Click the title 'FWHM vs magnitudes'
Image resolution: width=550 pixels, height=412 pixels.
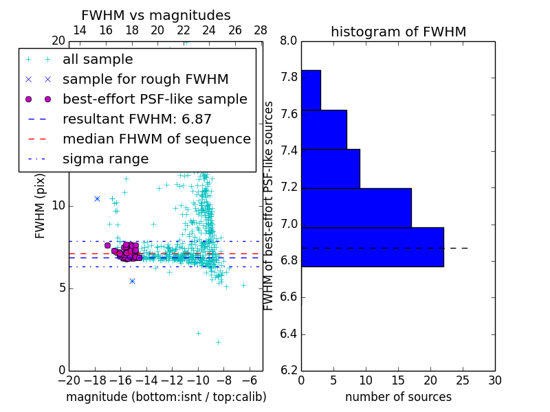pyautogui.click(x=156, y=15)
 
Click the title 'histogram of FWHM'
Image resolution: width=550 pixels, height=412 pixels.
pyautogui.click(x=398, y=32)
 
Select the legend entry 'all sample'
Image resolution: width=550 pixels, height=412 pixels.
pyautogui.click(x=98, y=60)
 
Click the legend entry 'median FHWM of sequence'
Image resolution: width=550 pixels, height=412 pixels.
pyautogui.click(x=156, y=139)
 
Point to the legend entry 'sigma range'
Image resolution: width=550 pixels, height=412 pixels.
pyautogui.click(x=105, y=159)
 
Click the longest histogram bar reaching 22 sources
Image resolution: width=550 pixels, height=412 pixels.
pyautogui.click(x=372, y=247)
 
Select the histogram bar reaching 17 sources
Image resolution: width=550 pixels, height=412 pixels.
pyautogui.click(x=356, y=207)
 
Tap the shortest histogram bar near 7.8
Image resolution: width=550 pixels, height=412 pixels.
pyautogui.click(x=311, y=90)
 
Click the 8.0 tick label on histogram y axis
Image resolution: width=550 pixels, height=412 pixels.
pyautogui.click(x=289, y=41)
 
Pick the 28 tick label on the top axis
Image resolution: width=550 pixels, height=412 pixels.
pyautogui.click(x=261, y=30)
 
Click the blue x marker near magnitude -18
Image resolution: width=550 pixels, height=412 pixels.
pyautogui.click(x=97, y=198)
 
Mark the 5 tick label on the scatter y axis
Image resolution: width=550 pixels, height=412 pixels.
pyautogui.click(x=60, y=288)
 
